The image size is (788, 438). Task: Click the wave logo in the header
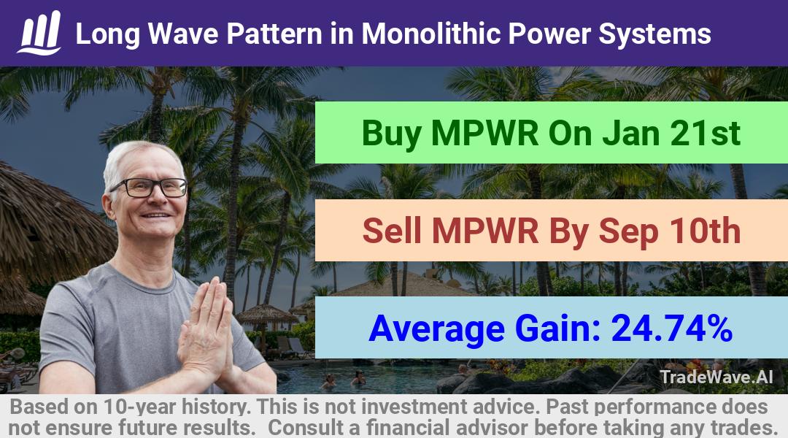point(39,33)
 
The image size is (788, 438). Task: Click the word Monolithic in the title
point(431,34)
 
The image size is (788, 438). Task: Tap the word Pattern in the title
point(274,34)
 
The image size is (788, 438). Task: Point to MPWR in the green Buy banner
point(485,134)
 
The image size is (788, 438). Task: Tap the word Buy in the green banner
point(392,134)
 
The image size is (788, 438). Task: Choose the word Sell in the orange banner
point(392,231)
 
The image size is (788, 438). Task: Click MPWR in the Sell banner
point(485,231)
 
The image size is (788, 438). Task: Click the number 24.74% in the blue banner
point(671,328)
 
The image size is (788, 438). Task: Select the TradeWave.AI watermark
point(716,377)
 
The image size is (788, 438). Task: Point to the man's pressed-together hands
point(206,327)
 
